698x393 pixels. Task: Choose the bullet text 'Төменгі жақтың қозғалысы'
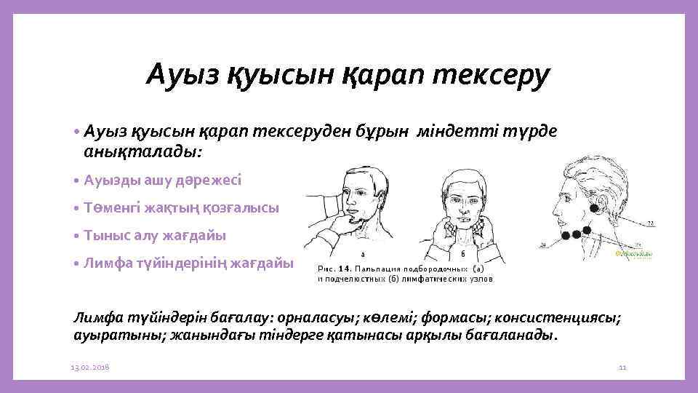click(181, 207)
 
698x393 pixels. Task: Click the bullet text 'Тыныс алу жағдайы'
click(155, 235)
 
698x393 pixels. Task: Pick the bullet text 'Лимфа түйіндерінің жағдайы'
click(188, 263)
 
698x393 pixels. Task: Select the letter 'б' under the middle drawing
click(463, 253)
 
